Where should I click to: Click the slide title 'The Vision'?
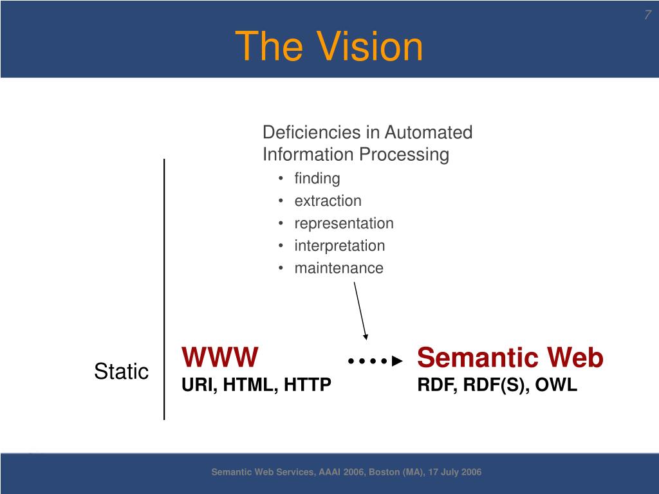point(329,46)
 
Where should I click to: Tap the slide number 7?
point(647,15)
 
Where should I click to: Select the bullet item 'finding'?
point(317,178)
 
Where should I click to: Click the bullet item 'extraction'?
point(328,201)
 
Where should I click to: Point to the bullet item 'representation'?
point(344,223)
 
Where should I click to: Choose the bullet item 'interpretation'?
point(339,246)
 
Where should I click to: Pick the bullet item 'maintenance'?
point(339,268)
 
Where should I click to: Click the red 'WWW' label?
point(220,356)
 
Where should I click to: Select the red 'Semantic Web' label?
point(510,358)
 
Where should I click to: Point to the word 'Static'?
point(121,371)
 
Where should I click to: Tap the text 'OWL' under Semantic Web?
point(557,385)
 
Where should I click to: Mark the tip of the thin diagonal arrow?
point(366,338)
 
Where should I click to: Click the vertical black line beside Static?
point(164,289)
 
